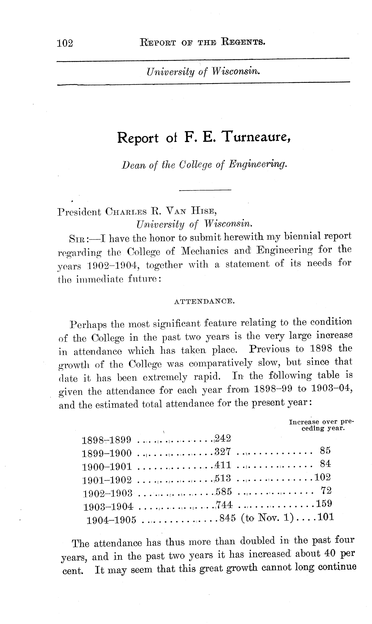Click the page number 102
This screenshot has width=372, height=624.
[x=65, y=43]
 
